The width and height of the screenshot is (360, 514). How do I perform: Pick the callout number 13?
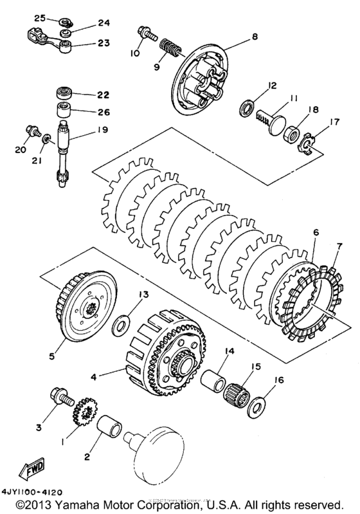(x=141, y=294)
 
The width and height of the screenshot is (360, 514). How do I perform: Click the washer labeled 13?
(x=120, y=325)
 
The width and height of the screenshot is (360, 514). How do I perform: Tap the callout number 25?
(x=39, y=18)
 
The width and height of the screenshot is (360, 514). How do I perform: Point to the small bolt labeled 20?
(x=30, y=130)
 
